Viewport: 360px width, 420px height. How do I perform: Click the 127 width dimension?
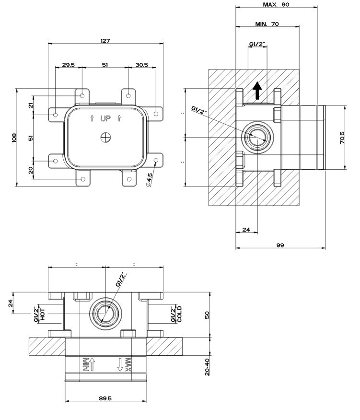click(105, 41)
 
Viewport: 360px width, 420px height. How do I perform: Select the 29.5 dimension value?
click(68, 65)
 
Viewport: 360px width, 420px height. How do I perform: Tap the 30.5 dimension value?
click(141, 65)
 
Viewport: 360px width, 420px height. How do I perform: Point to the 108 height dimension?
click(14, 138)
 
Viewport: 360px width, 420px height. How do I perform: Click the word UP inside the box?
click(105, 118)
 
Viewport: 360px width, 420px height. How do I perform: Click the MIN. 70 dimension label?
click(267, 23)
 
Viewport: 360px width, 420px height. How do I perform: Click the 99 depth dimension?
click(280, 245)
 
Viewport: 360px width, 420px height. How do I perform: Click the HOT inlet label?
click(43, 314)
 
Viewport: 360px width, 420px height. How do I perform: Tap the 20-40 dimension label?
click(207, 366)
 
